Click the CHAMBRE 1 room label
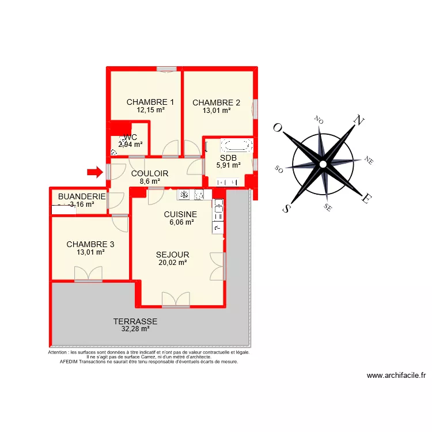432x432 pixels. tap(150, 103)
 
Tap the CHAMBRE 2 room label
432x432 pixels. tap(216, 103)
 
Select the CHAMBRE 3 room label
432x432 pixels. tap(90, 244)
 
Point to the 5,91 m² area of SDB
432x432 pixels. tap(228, 165)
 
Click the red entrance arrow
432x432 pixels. tap(93, 171)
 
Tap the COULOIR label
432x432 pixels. tap(149, 173)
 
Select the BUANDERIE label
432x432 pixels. tap(82, 196)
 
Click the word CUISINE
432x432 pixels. tap(180, 214)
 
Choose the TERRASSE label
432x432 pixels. tap(135, 322)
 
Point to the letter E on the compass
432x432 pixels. tap(366, 199)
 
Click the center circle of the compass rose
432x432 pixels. tap(323, 164)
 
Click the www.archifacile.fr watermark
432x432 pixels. tap(396, 376)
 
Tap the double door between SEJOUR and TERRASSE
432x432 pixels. tap(176, 299)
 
